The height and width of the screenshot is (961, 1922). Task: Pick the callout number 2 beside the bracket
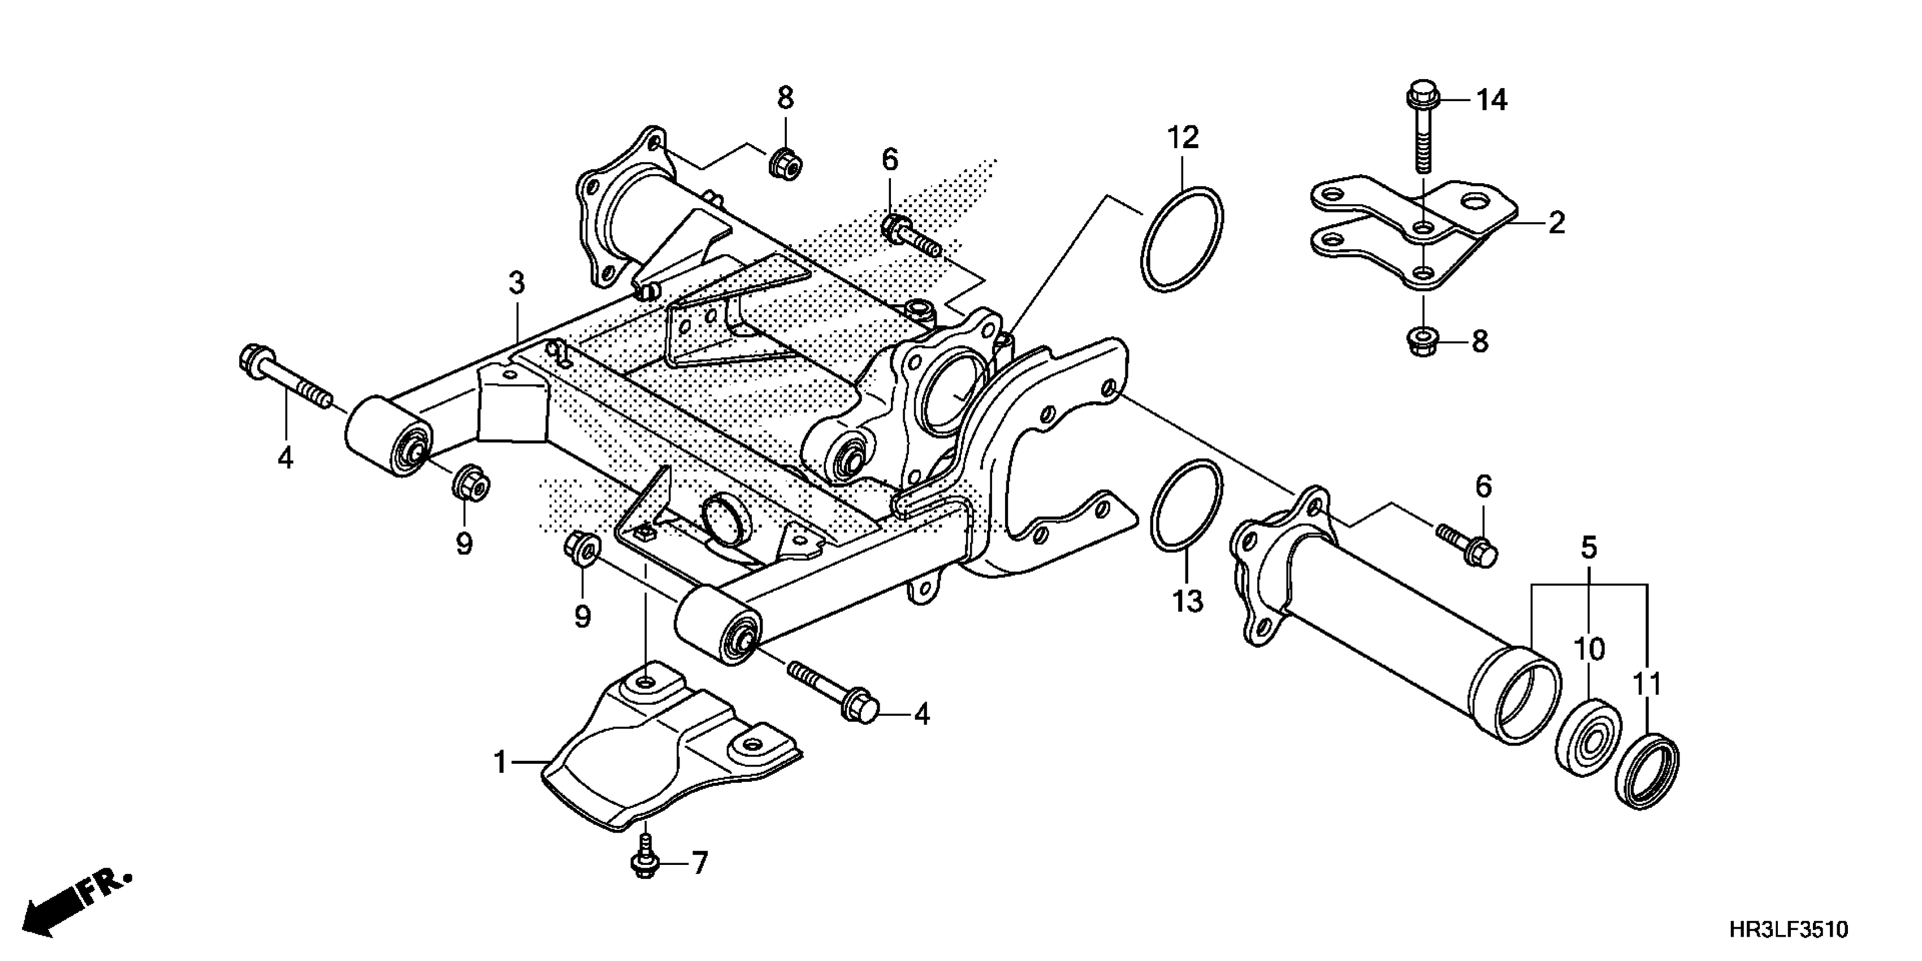pos(1556,222)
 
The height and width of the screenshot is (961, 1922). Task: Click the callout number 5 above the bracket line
pos(1588,548)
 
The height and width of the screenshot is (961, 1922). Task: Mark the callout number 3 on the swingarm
pos(516,284)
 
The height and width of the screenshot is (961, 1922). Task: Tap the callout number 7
pos(699,863)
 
